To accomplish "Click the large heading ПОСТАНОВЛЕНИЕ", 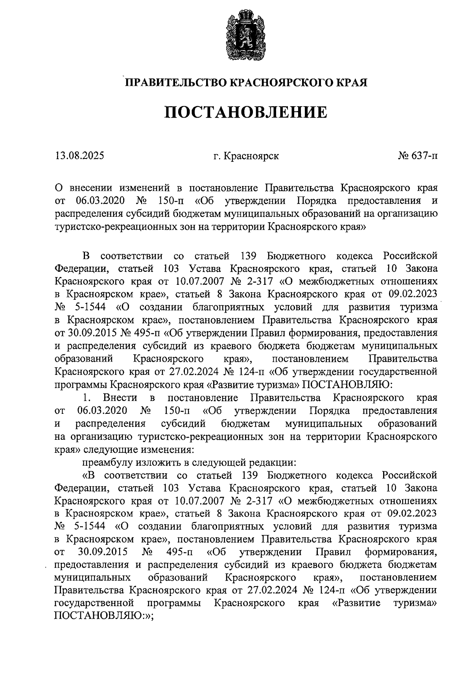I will point(245,112).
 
